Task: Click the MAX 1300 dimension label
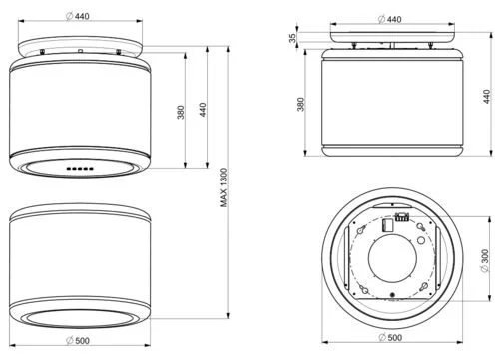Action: coord(224,187)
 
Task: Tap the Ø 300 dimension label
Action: coord(485,260)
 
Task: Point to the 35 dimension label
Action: coord(292,38)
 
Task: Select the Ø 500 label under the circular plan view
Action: coord(390,337)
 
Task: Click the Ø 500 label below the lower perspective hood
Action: coord(78,340)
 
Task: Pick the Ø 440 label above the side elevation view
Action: coord(390,19)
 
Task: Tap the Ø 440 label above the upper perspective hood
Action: coord(78,16)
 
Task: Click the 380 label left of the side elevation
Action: coord(301,104)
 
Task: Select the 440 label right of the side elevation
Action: coord(487,97)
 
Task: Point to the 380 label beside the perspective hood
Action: coord(181,112)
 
